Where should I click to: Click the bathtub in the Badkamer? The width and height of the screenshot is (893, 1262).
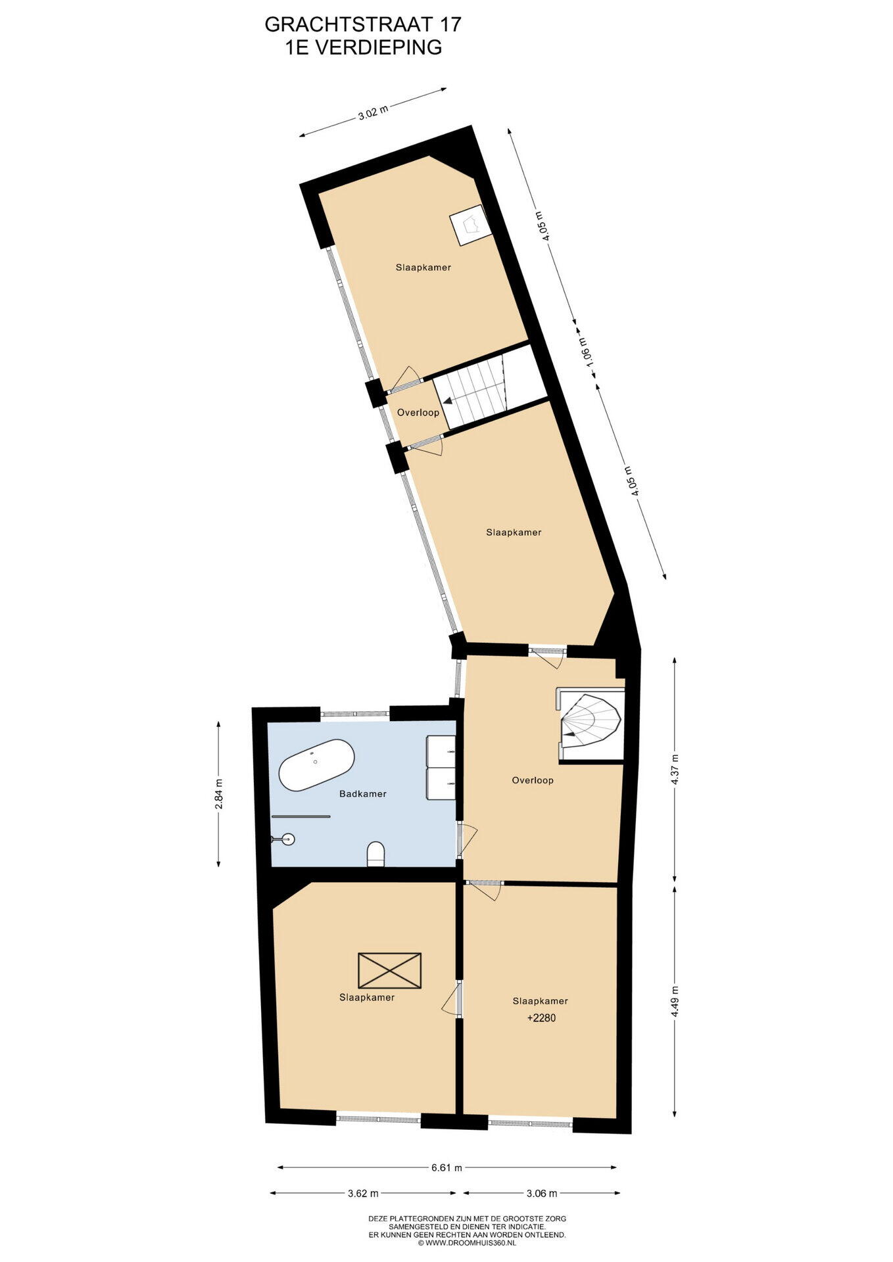click(316, 766)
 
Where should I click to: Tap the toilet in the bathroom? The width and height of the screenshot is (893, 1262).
click(375, 854)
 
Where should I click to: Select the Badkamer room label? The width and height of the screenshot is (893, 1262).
click(363, 794)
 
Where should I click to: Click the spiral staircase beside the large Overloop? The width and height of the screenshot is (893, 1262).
click(590, 723)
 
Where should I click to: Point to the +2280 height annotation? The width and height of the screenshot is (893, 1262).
click(542, 1018)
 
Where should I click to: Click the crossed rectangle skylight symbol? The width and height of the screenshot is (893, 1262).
click(389, 970)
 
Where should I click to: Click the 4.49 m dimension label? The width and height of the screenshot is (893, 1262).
click(675, 1002)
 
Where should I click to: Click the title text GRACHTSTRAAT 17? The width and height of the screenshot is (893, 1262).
click(363, 24)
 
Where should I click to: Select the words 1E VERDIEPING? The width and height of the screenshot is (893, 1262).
click(363, 47)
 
